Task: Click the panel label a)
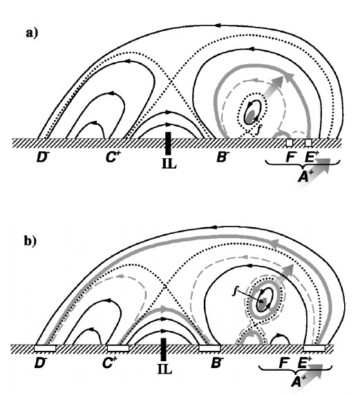point(32,33)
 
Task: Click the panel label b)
point(30,241)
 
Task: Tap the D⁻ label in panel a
point(42,157)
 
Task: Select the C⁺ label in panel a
point(113,157)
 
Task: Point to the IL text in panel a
point(169,164)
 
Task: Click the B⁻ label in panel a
point(223,157)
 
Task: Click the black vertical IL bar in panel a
point(168,143)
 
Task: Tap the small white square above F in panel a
point(290,143)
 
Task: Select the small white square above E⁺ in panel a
point(309,143)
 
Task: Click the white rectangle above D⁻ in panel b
point(45,348)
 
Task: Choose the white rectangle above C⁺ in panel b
point(118,348)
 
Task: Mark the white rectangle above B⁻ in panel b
point(210,348)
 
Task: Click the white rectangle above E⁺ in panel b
point(314,348)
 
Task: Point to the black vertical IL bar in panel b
point(164,349)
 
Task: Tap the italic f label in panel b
point(235,291)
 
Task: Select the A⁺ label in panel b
point(299,381)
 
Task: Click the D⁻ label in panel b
point(40,363)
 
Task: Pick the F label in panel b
point(284,363)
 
